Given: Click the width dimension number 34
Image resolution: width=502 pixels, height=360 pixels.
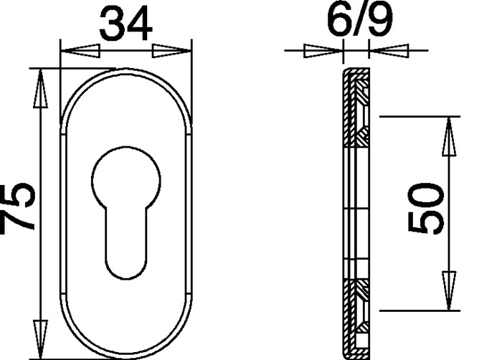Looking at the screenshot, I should [126, 24].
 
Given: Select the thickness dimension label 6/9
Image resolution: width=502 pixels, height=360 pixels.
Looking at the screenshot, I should [359, 22].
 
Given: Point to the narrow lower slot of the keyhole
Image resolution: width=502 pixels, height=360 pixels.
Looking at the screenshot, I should [126, 240].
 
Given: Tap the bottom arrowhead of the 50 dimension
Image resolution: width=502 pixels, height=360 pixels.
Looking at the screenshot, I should [448, 291].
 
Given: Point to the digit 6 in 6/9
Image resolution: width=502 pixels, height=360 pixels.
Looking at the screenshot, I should [338, 22].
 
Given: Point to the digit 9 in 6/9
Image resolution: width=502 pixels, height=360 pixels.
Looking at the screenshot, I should [380, 22].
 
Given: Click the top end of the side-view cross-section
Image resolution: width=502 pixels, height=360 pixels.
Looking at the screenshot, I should [356, 71].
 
